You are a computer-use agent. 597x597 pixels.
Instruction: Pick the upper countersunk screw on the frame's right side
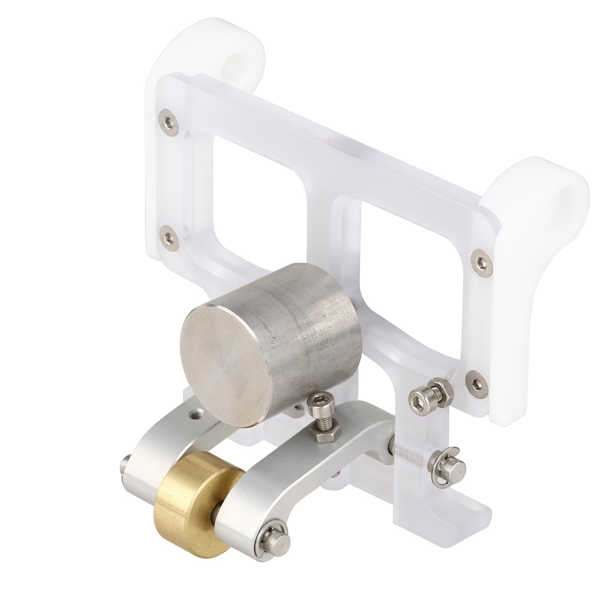tap(479, 261)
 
